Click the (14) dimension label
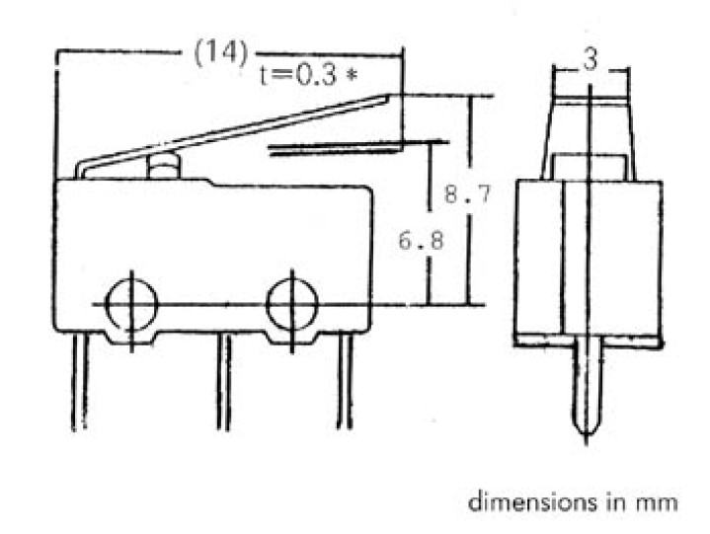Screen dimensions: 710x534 [x=221, y=52]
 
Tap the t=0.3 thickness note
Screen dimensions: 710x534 [x=299, y=74]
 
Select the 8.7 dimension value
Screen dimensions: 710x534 [x=468, y=193]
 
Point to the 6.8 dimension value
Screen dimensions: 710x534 [x=421, y=240]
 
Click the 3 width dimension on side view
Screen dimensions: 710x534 [x=590, y=59]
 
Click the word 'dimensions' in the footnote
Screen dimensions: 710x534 [x=532, y=501]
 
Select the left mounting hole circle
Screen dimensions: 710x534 [x=131, y=305]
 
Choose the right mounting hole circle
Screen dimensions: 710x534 [x=292, y=304]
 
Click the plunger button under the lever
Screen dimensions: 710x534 [x=164, y=167]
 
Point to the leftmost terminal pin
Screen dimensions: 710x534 [x=80, y=381]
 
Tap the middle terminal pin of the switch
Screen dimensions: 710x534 [x=224, y=382]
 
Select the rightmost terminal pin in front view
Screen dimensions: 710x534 [x=345, y=381]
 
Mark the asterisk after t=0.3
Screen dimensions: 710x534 [x=351, y=75]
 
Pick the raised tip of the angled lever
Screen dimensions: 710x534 [x=388, y=96]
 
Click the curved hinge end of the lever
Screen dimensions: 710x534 [x=81, y=169]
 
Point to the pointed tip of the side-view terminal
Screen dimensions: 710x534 [x=587, y=442]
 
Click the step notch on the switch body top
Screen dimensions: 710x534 [x=210, y=183]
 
